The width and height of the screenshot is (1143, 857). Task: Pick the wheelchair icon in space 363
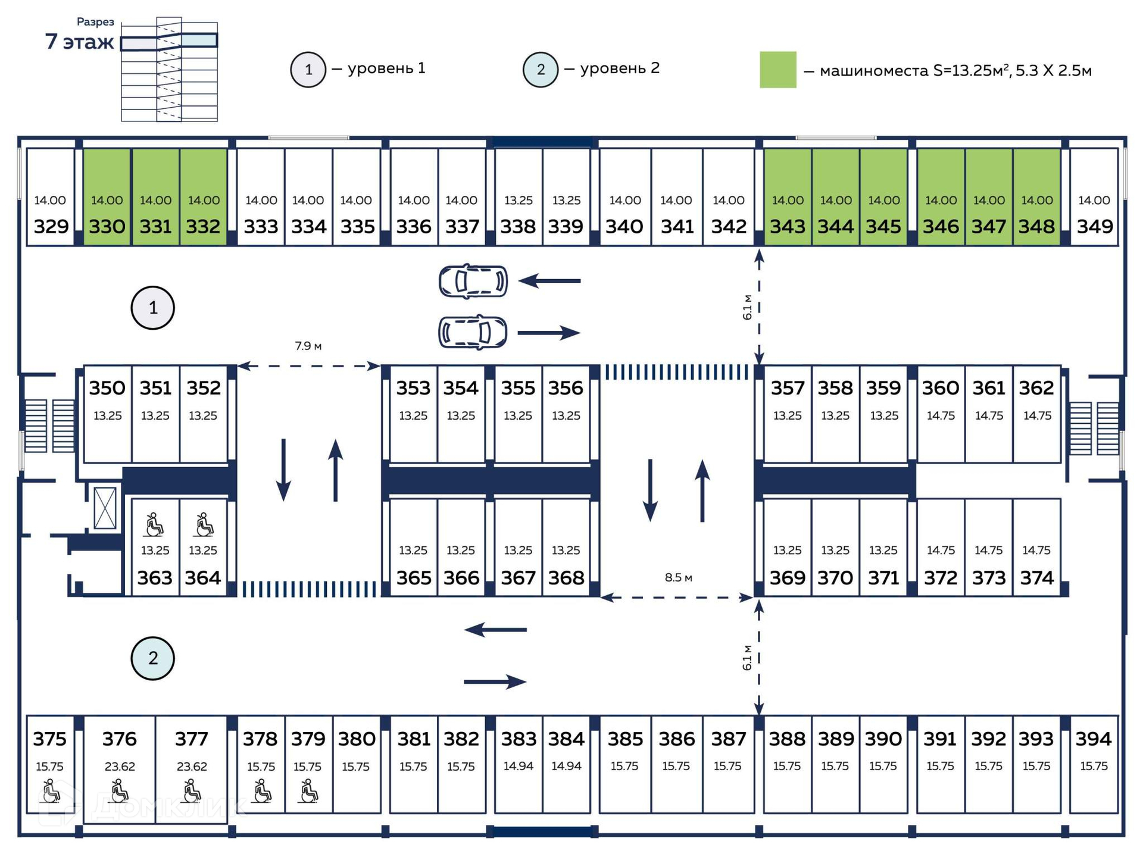(155, 524)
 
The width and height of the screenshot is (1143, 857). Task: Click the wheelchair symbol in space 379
(308, 792)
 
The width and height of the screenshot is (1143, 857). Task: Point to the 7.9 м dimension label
(308, 346)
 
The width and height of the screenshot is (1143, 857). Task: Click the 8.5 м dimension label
(678, 577)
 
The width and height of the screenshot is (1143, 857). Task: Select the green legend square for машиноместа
(777, 70)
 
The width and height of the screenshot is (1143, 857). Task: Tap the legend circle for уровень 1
(308, 70)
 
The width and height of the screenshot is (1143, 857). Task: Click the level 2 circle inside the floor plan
(152, 658)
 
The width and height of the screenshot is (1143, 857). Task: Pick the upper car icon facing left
(473, 281)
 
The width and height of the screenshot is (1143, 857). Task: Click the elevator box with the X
(105, 508)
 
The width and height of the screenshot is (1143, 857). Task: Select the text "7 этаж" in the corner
(79, 42)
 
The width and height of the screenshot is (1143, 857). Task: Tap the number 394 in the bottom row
(1094, 739)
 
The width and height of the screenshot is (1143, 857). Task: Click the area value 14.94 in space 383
(518, 766)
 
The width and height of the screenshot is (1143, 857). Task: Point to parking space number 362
(1036, 388)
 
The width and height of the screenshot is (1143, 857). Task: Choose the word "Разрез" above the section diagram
(95, 22)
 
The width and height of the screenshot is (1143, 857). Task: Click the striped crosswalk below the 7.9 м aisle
(311, 589)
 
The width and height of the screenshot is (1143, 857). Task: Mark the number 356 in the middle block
(566, 388)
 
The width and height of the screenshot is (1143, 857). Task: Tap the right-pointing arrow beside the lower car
(548, 333)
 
